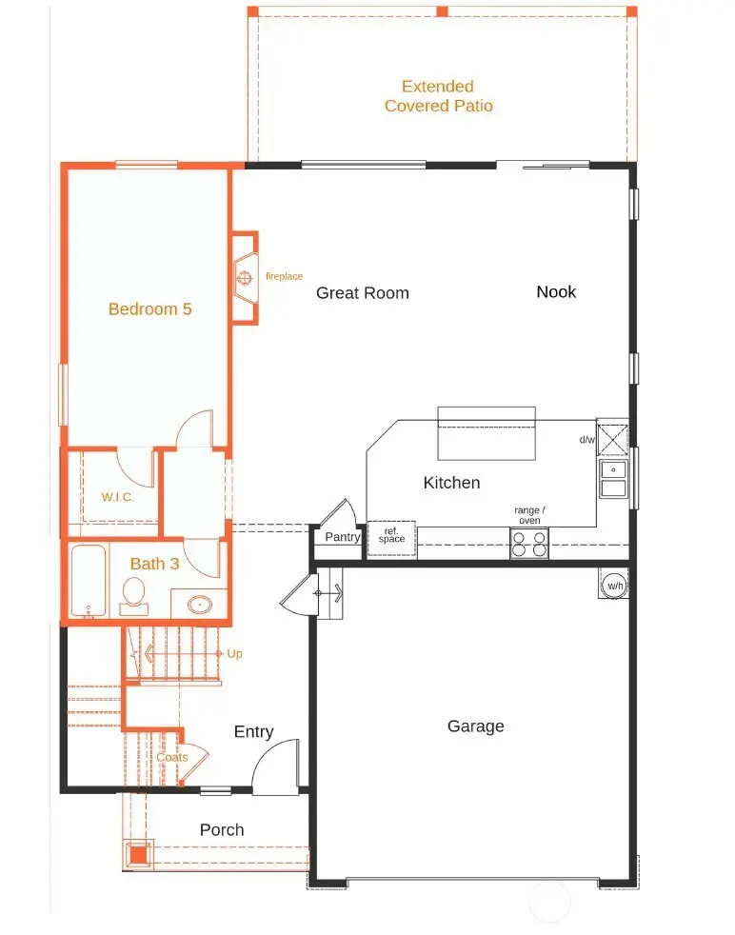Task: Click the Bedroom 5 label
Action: pos(149,308)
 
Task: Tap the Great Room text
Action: pos(363,293)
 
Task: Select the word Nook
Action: pos(556,291)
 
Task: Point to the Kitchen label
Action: pos(451,483)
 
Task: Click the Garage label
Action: pos(476,726)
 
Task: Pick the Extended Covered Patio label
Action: pos(438,96)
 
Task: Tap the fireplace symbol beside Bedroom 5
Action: pos(245,278)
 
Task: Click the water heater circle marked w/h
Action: pos(615,586)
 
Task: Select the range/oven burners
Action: pos(528,544)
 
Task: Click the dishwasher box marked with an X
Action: pos(613,440)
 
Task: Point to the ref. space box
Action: pos(391,539)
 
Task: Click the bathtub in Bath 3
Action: pos(89,580)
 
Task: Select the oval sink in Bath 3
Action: pos(200,605)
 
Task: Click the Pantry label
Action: pos(342,537)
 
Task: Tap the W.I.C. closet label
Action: pos(117,497)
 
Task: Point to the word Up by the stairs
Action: pos(234,654)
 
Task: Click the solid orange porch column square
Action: pos(138,855)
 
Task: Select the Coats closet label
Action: pos(171,757)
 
